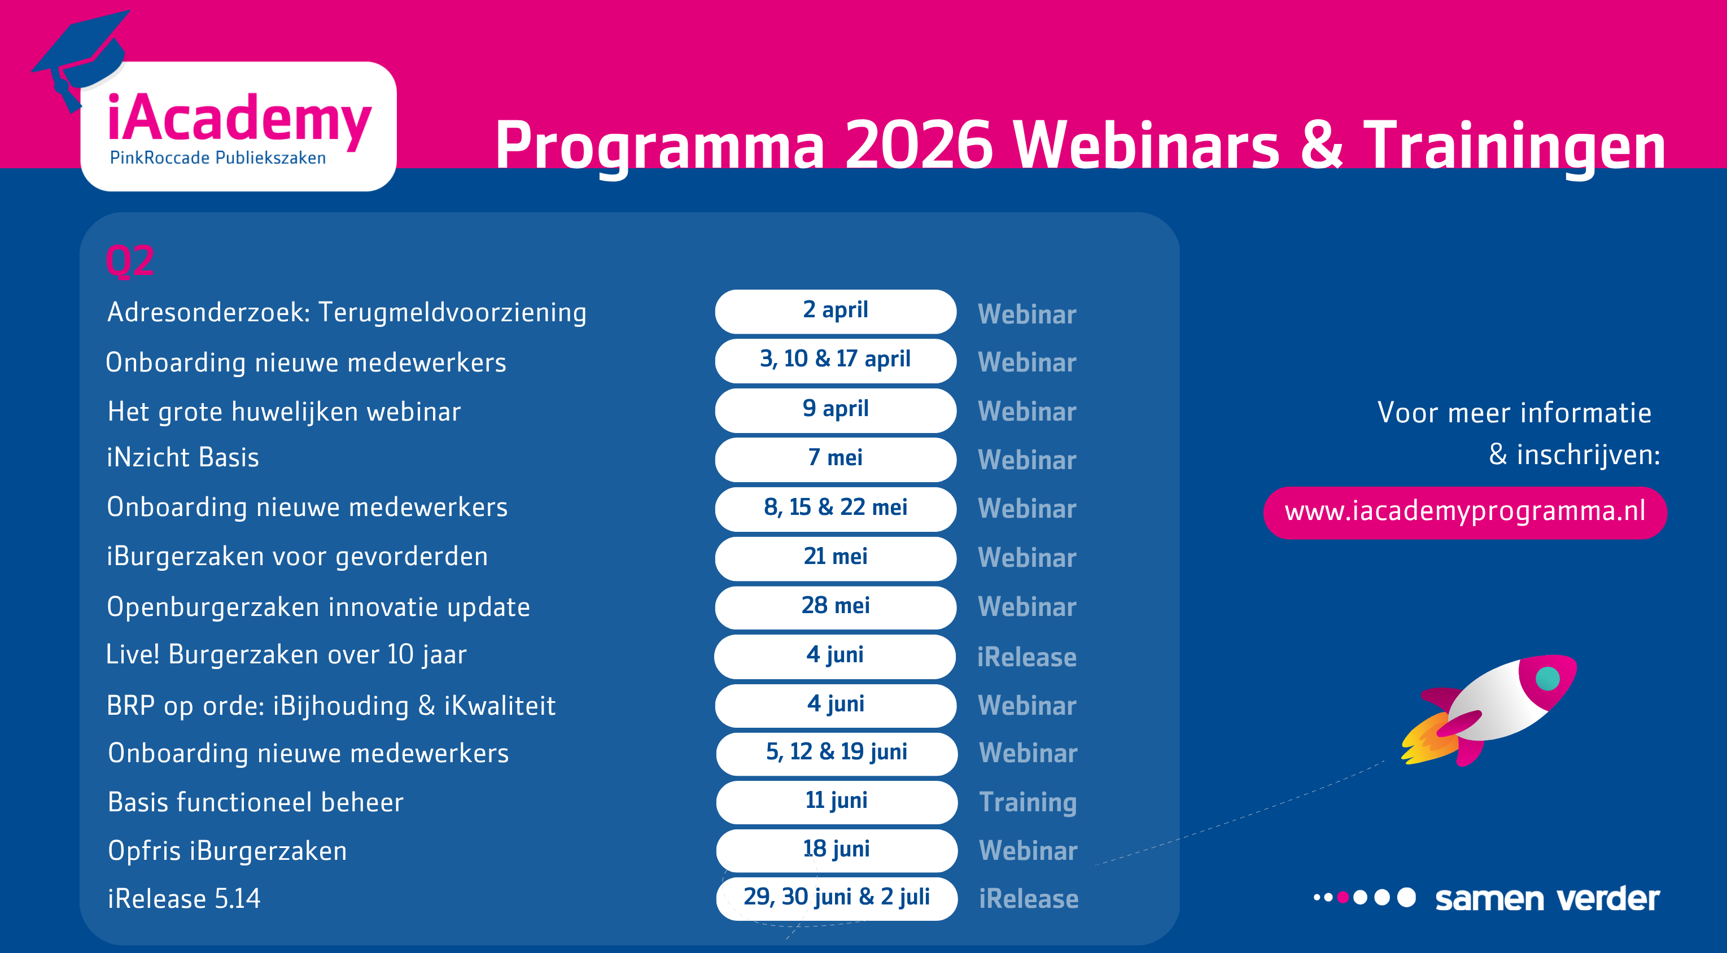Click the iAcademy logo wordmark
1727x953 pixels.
[x=239, y=119]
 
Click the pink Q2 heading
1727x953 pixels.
[x=130, y=261]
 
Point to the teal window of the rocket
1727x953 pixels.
[x=1547, y=678]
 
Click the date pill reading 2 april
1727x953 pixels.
[x=836, y=311]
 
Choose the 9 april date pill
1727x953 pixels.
[x=836, y=410]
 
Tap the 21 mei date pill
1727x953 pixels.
[x=836, y=558]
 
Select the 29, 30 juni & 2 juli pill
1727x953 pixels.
[x=836, y=898]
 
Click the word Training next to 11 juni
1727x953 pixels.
[x=1028, y=803]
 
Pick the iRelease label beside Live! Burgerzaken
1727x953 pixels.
[x=1026, y=657]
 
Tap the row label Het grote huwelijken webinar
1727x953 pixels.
[x=285, y=412]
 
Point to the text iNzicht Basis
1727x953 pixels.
[x=183, y=457]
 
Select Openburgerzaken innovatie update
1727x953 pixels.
[x=318, y=607]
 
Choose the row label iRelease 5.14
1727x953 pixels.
[x=183, y=899]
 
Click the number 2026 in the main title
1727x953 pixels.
[x=918, y=144]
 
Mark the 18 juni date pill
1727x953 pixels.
[x=836, y=850]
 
